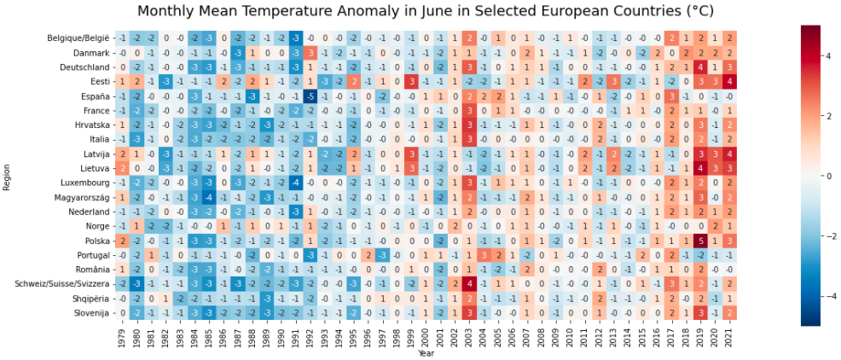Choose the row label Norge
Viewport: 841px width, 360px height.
[96, 226]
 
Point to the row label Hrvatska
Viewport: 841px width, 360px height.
[90, 125]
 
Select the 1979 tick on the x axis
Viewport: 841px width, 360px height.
[122, 338]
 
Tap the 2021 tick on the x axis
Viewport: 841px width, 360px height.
[728, 338]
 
